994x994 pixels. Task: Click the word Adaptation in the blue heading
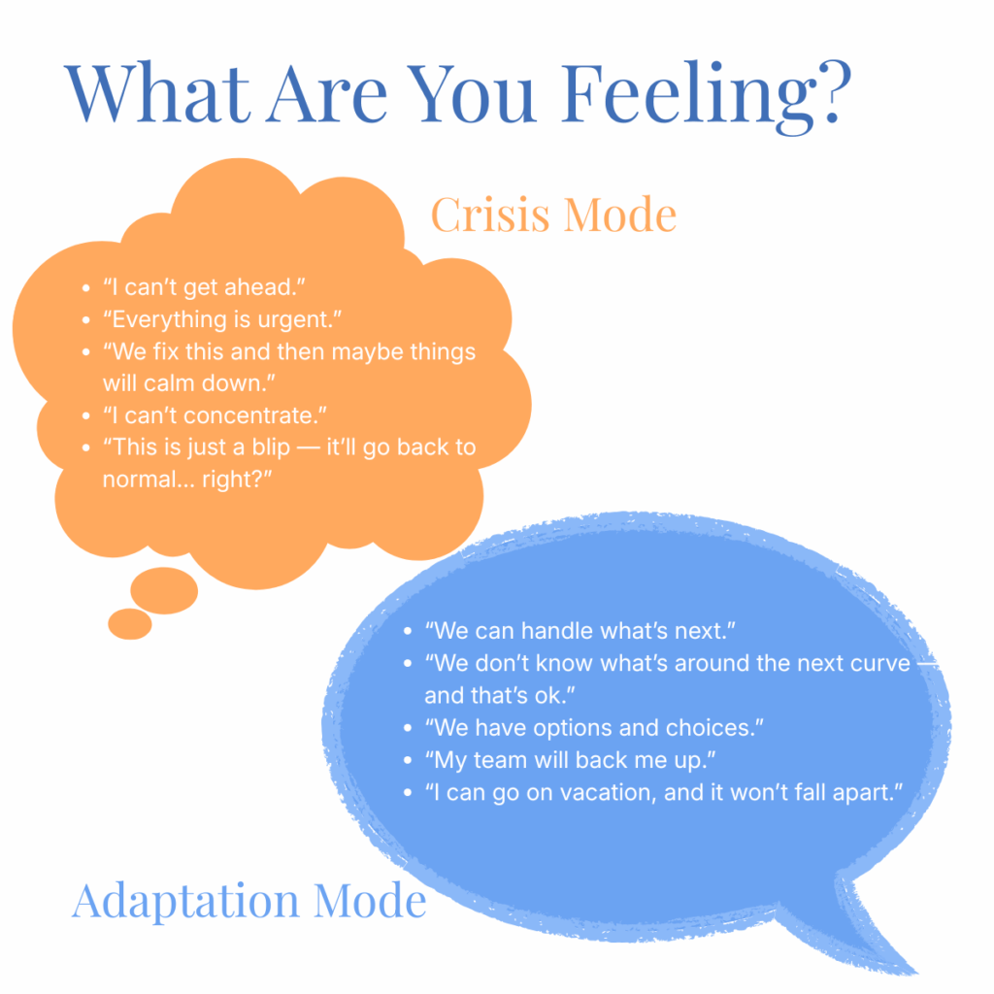[x=185, y=902]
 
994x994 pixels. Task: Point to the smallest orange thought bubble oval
[x=130, y=624]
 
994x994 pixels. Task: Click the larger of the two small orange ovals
[x=164, y=590]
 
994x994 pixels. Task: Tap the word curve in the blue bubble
[x=879, y=663]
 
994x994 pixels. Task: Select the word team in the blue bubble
[x=500, y=760]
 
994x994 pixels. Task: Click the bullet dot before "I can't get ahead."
[x=86, y=288]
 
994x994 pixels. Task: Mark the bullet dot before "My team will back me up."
[x=408, y=760]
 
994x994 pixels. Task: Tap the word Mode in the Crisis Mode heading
[x=620, y=215]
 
